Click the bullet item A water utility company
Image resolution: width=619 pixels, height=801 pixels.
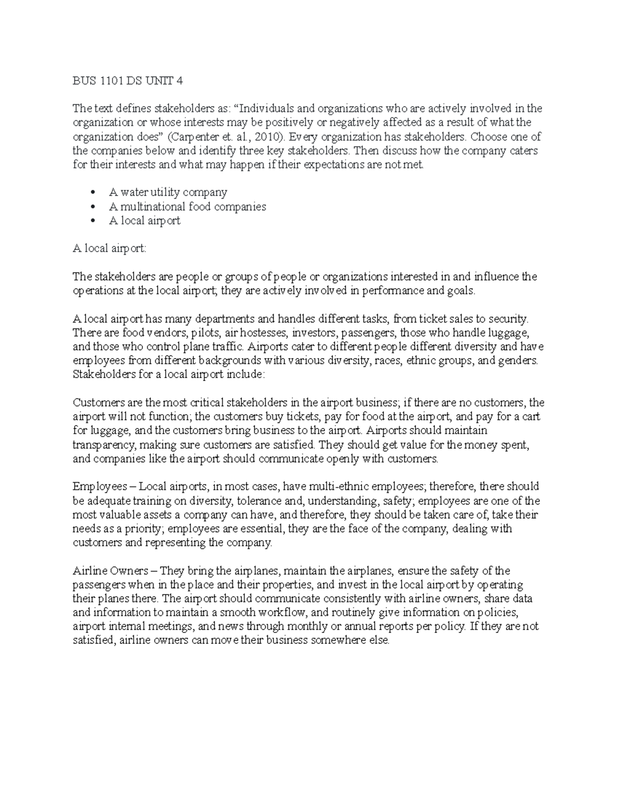[168, 192]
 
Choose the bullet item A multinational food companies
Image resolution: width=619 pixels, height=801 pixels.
[188, 206]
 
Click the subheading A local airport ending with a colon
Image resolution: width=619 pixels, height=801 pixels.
[109, 248]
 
